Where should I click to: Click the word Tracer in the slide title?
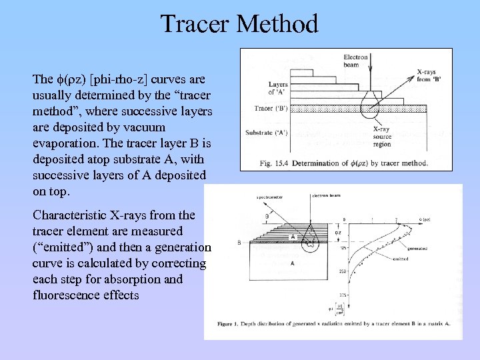pos(195,25)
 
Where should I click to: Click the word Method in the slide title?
pos(277,25)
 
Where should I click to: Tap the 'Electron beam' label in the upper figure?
pos(355,61)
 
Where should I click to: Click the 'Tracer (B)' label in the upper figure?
pos(271,108)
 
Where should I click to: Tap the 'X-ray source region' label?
pos(382,137)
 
